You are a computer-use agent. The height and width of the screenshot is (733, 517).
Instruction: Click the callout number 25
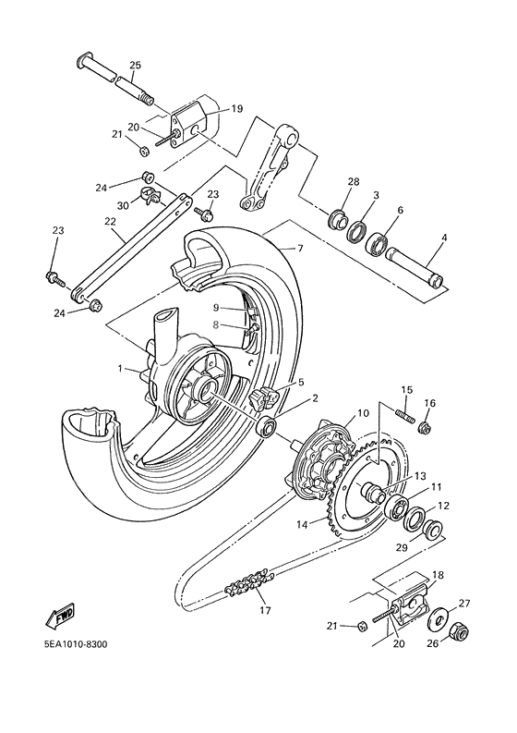(135, 65)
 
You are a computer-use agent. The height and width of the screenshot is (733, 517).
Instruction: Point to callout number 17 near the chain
(266, 610)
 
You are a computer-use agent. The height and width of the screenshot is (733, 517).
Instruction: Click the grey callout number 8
(217, 324)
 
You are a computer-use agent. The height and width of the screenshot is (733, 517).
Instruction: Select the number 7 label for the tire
(299, 249)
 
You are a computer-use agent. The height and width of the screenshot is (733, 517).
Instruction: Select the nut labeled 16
(426, 427)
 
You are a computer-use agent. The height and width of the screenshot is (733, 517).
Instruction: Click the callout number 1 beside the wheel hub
(120, 368)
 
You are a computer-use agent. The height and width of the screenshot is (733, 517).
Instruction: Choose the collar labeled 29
(430, 530)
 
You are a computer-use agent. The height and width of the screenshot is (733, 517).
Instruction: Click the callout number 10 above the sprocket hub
(336, 413)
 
